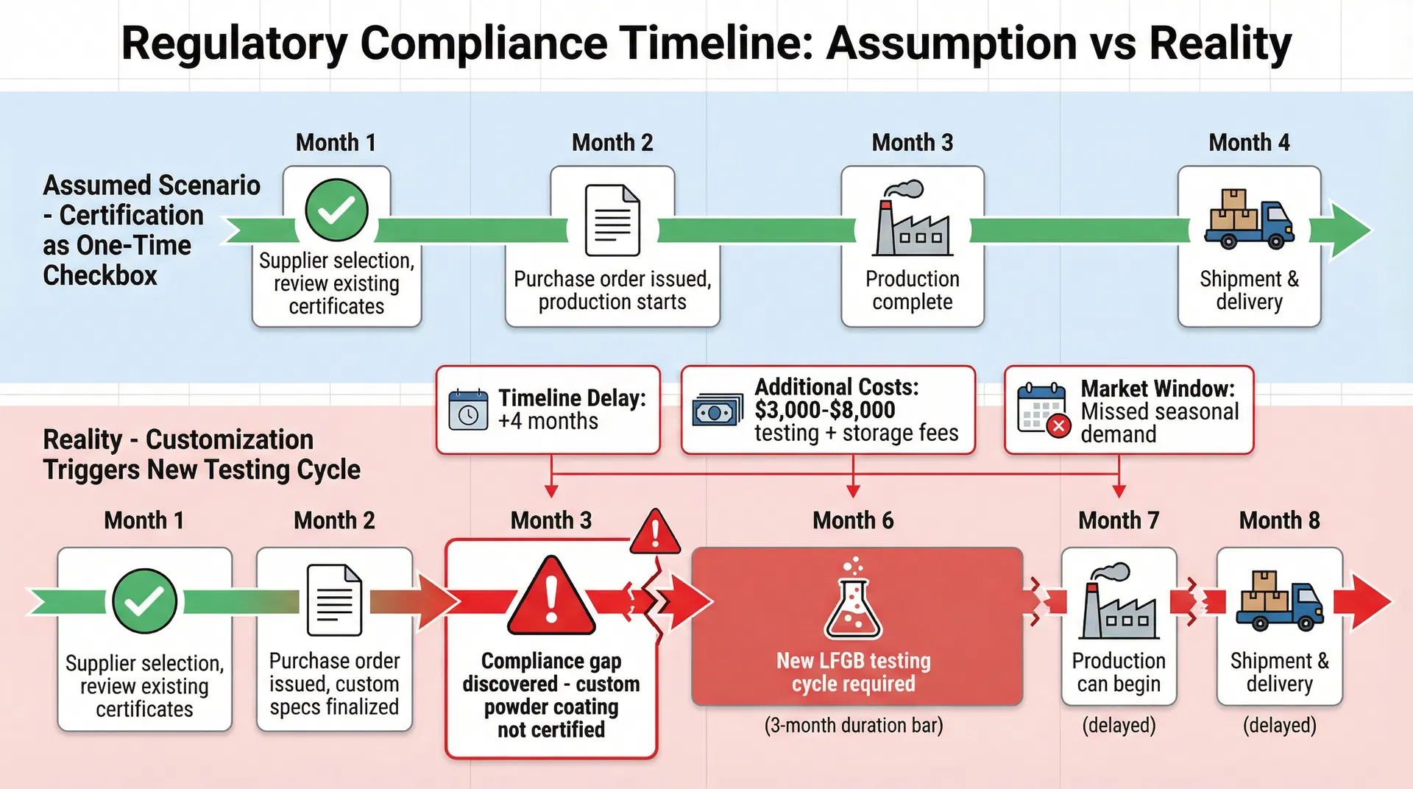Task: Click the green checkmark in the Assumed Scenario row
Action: (336, 210)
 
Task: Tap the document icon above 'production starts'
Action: (612, 220)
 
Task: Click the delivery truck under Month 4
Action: (1249, 220)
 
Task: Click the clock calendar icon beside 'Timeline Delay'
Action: (468, 409)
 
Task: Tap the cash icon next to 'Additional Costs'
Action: (718, 411)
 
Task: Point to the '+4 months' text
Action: (548, 422)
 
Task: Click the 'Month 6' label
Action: (853, 520)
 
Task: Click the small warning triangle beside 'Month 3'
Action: (655, 531)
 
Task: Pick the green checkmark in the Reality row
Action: (145, 601)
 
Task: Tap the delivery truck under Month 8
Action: (1279, 602)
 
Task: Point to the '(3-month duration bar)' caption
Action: (853, 726)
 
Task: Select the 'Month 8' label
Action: (1279, 520)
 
